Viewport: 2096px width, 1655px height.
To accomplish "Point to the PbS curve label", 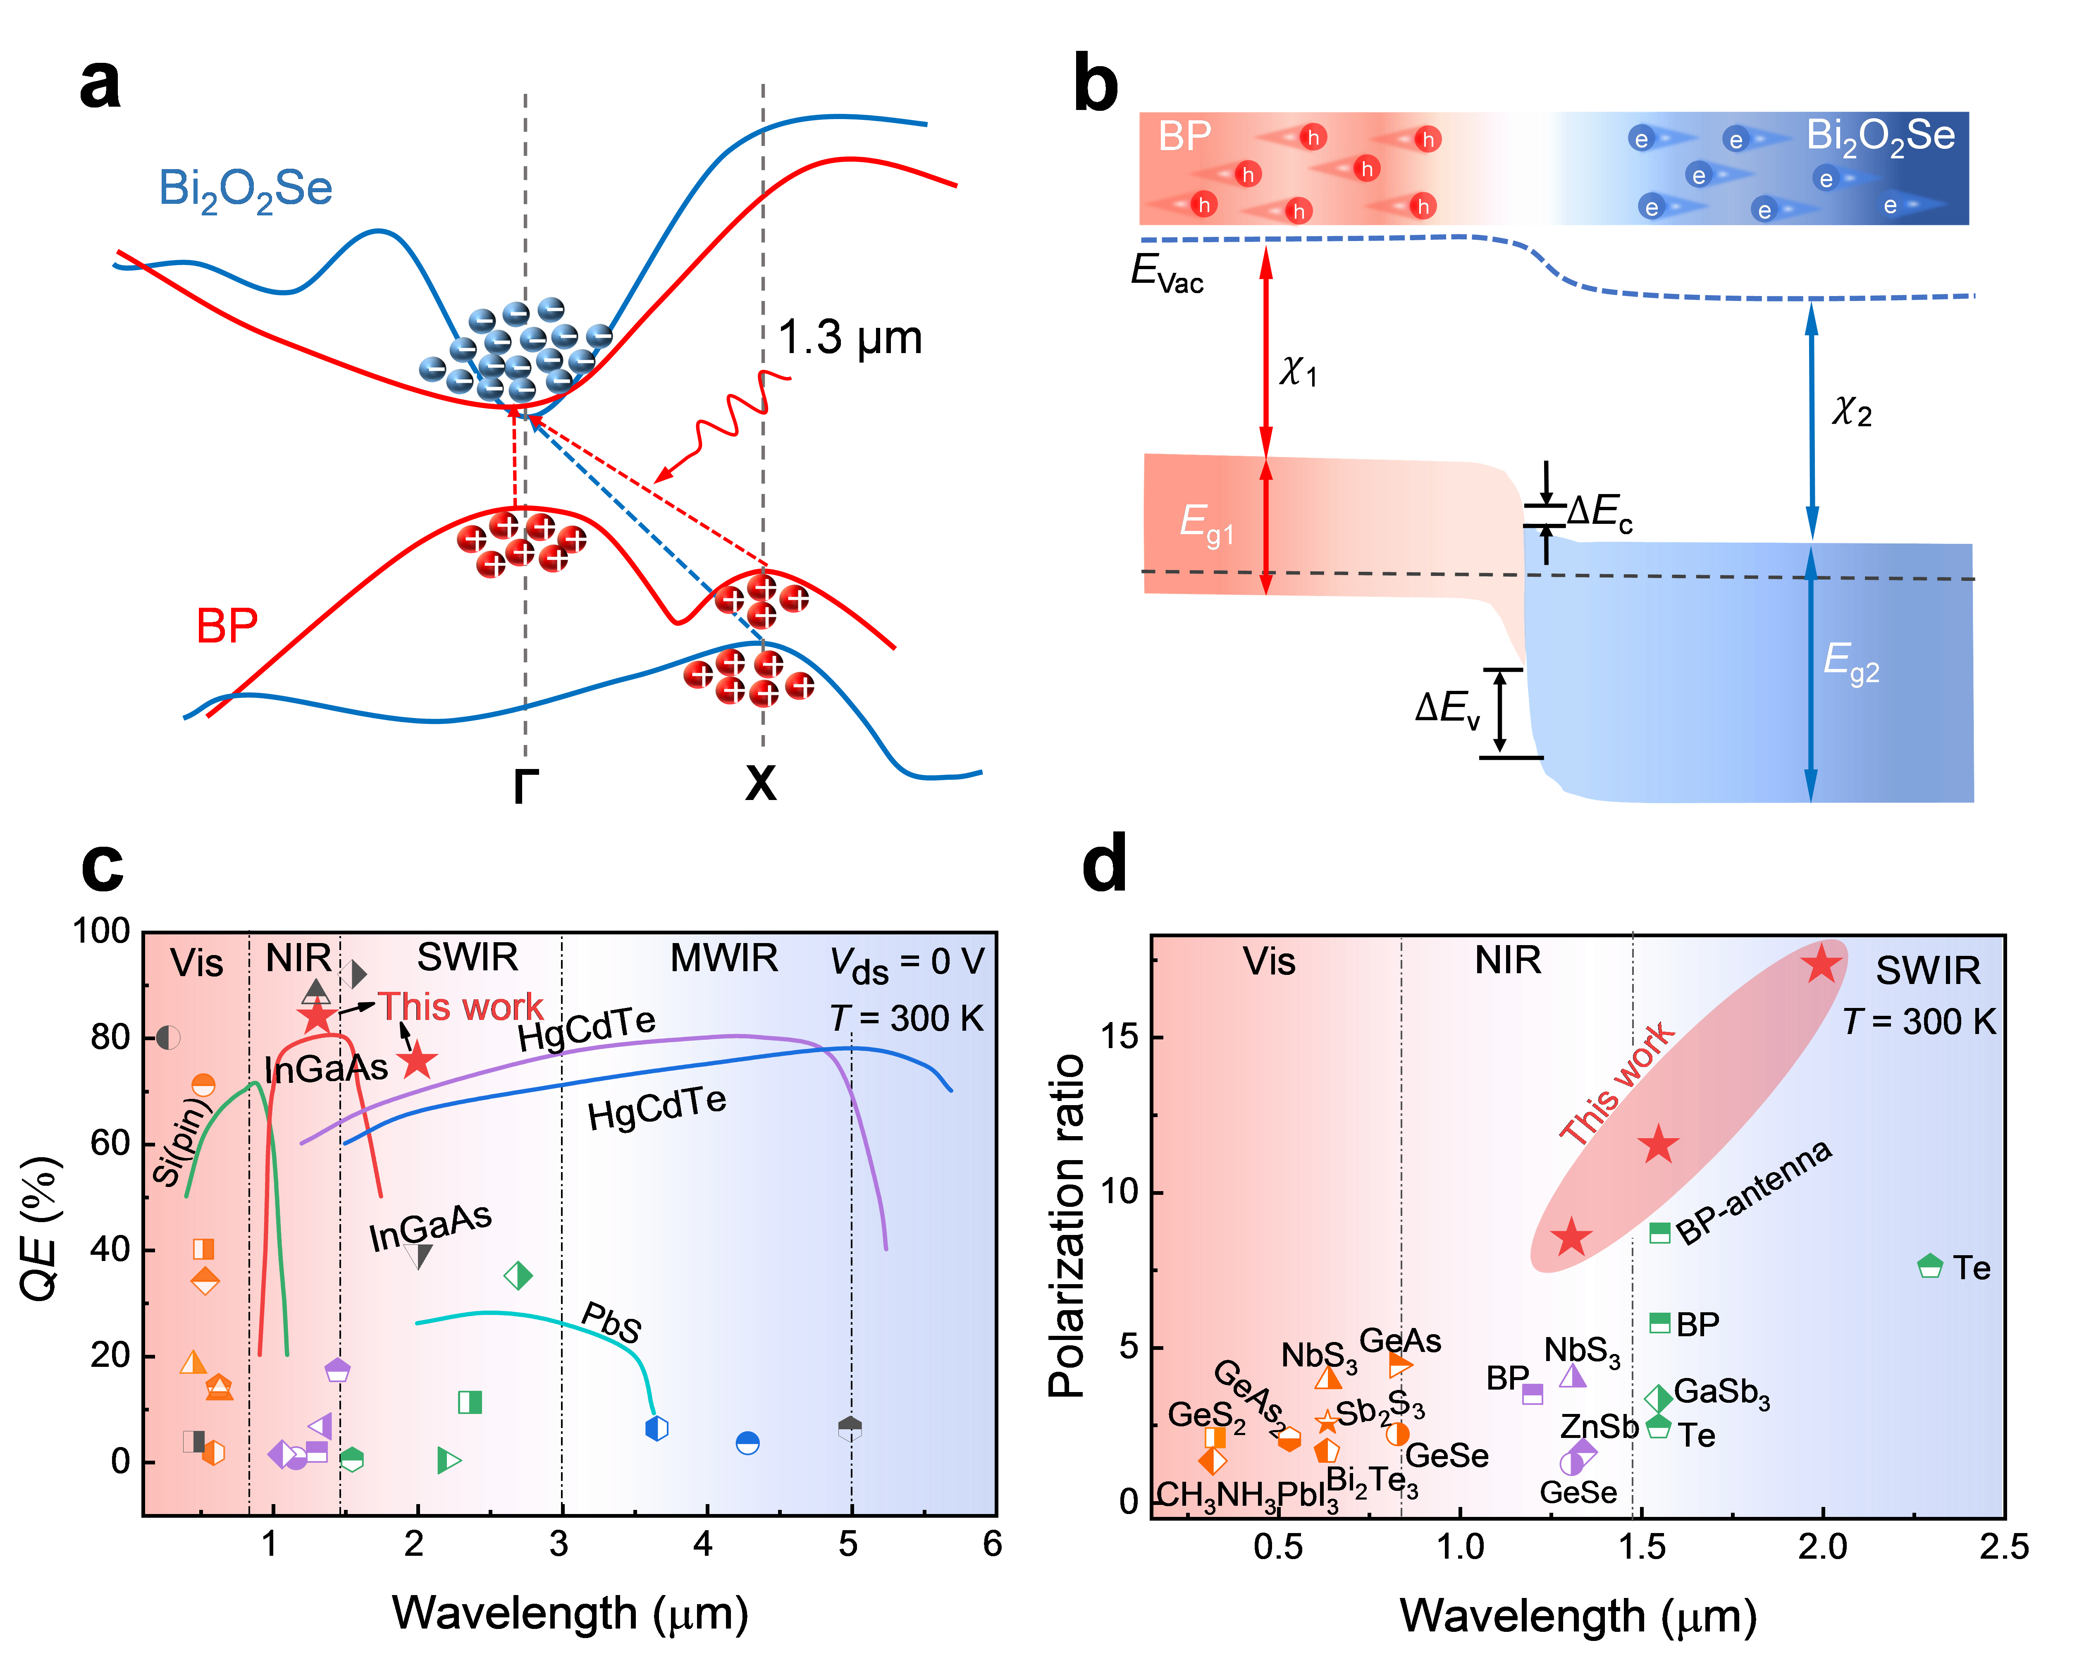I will (611, 1323).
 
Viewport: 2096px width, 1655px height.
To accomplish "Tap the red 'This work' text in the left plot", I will (460, 1008).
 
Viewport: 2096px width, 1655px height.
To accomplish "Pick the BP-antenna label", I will (1754, 1192).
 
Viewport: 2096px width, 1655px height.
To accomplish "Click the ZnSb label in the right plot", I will (1599, 1426).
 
